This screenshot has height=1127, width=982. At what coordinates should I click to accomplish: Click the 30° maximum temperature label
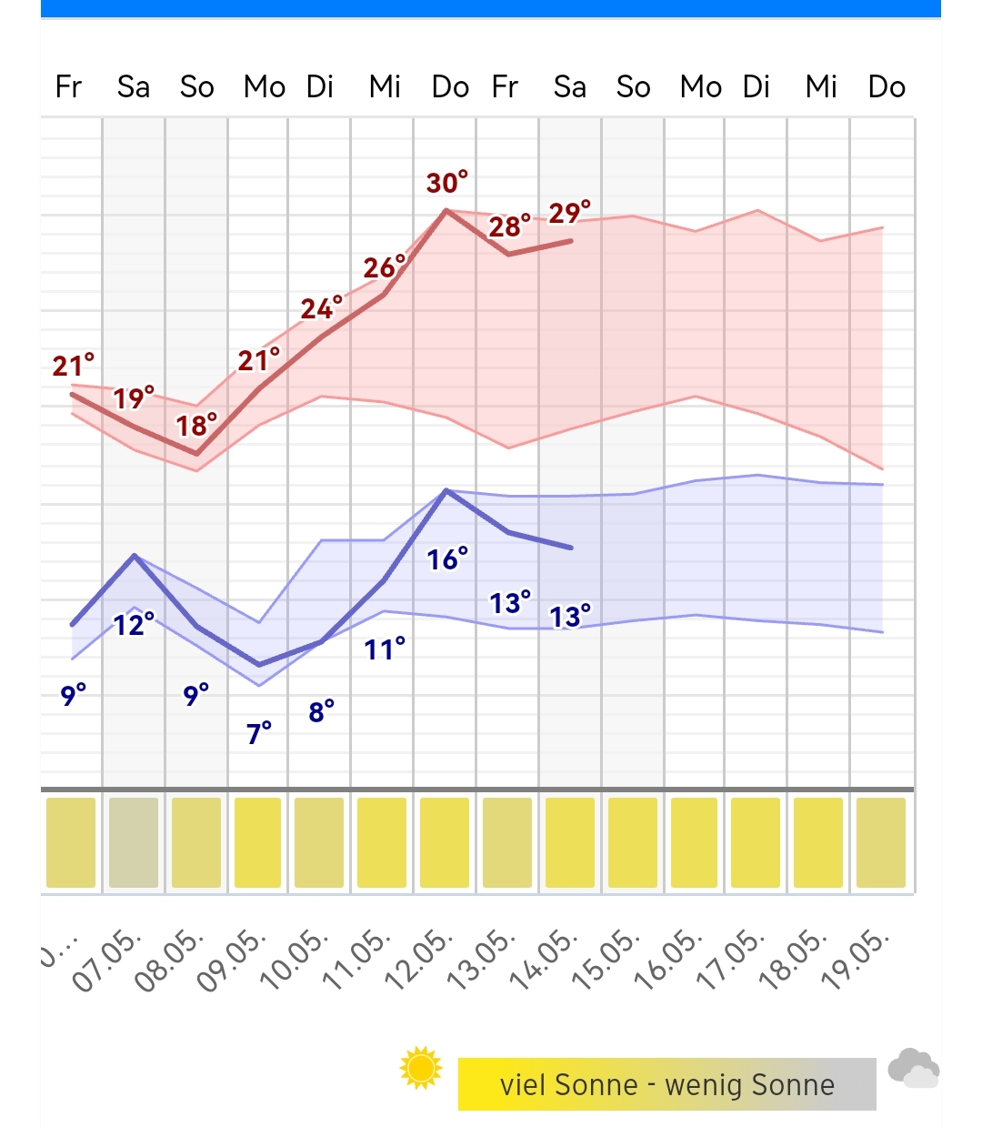[447, 183]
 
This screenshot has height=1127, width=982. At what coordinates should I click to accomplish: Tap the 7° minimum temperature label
[259, 732]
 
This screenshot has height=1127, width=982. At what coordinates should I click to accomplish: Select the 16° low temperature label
[447, 558]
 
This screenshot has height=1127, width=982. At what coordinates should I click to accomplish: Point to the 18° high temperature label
[196, 425]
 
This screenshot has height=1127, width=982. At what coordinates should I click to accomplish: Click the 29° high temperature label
[569, 213]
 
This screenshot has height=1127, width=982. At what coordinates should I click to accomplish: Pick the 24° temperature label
[322, 308]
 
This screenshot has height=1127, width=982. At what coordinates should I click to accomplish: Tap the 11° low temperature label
[385, 649]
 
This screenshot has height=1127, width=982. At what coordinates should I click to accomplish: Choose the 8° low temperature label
[322, 711]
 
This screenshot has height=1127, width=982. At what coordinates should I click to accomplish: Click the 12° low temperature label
[134, 624]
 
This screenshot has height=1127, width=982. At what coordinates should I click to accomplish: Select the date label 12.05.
[420, 960]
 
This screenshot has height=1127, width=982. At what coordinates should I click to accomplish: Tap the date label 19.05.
[856, 960]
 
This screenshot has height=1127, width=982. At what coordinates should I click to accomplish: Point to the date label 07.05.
[107, 960]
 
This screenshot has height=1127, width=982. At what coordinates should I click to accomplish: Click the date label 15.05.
[607, 960]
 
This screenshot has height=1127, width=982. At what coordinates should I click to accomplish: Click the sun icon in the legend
[421, 1068]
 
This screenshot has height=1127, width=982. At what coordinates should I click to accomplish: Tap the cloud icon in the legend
[913, 1069]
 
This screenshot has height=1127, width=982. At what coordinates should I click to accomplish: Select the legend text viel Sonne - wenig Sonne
[666, 1084]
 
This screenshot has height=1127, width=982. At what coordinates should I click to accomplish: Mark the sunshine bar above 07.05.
[134, 842]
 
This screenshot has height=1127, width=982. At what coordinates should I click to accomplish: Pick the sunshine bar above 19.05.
[881, 842]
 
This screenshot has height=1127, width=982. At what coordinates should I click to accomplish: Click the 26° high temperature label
[385, 267]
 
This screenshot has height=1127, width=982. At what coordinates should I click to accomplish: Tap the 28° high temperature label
[510, 226]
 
